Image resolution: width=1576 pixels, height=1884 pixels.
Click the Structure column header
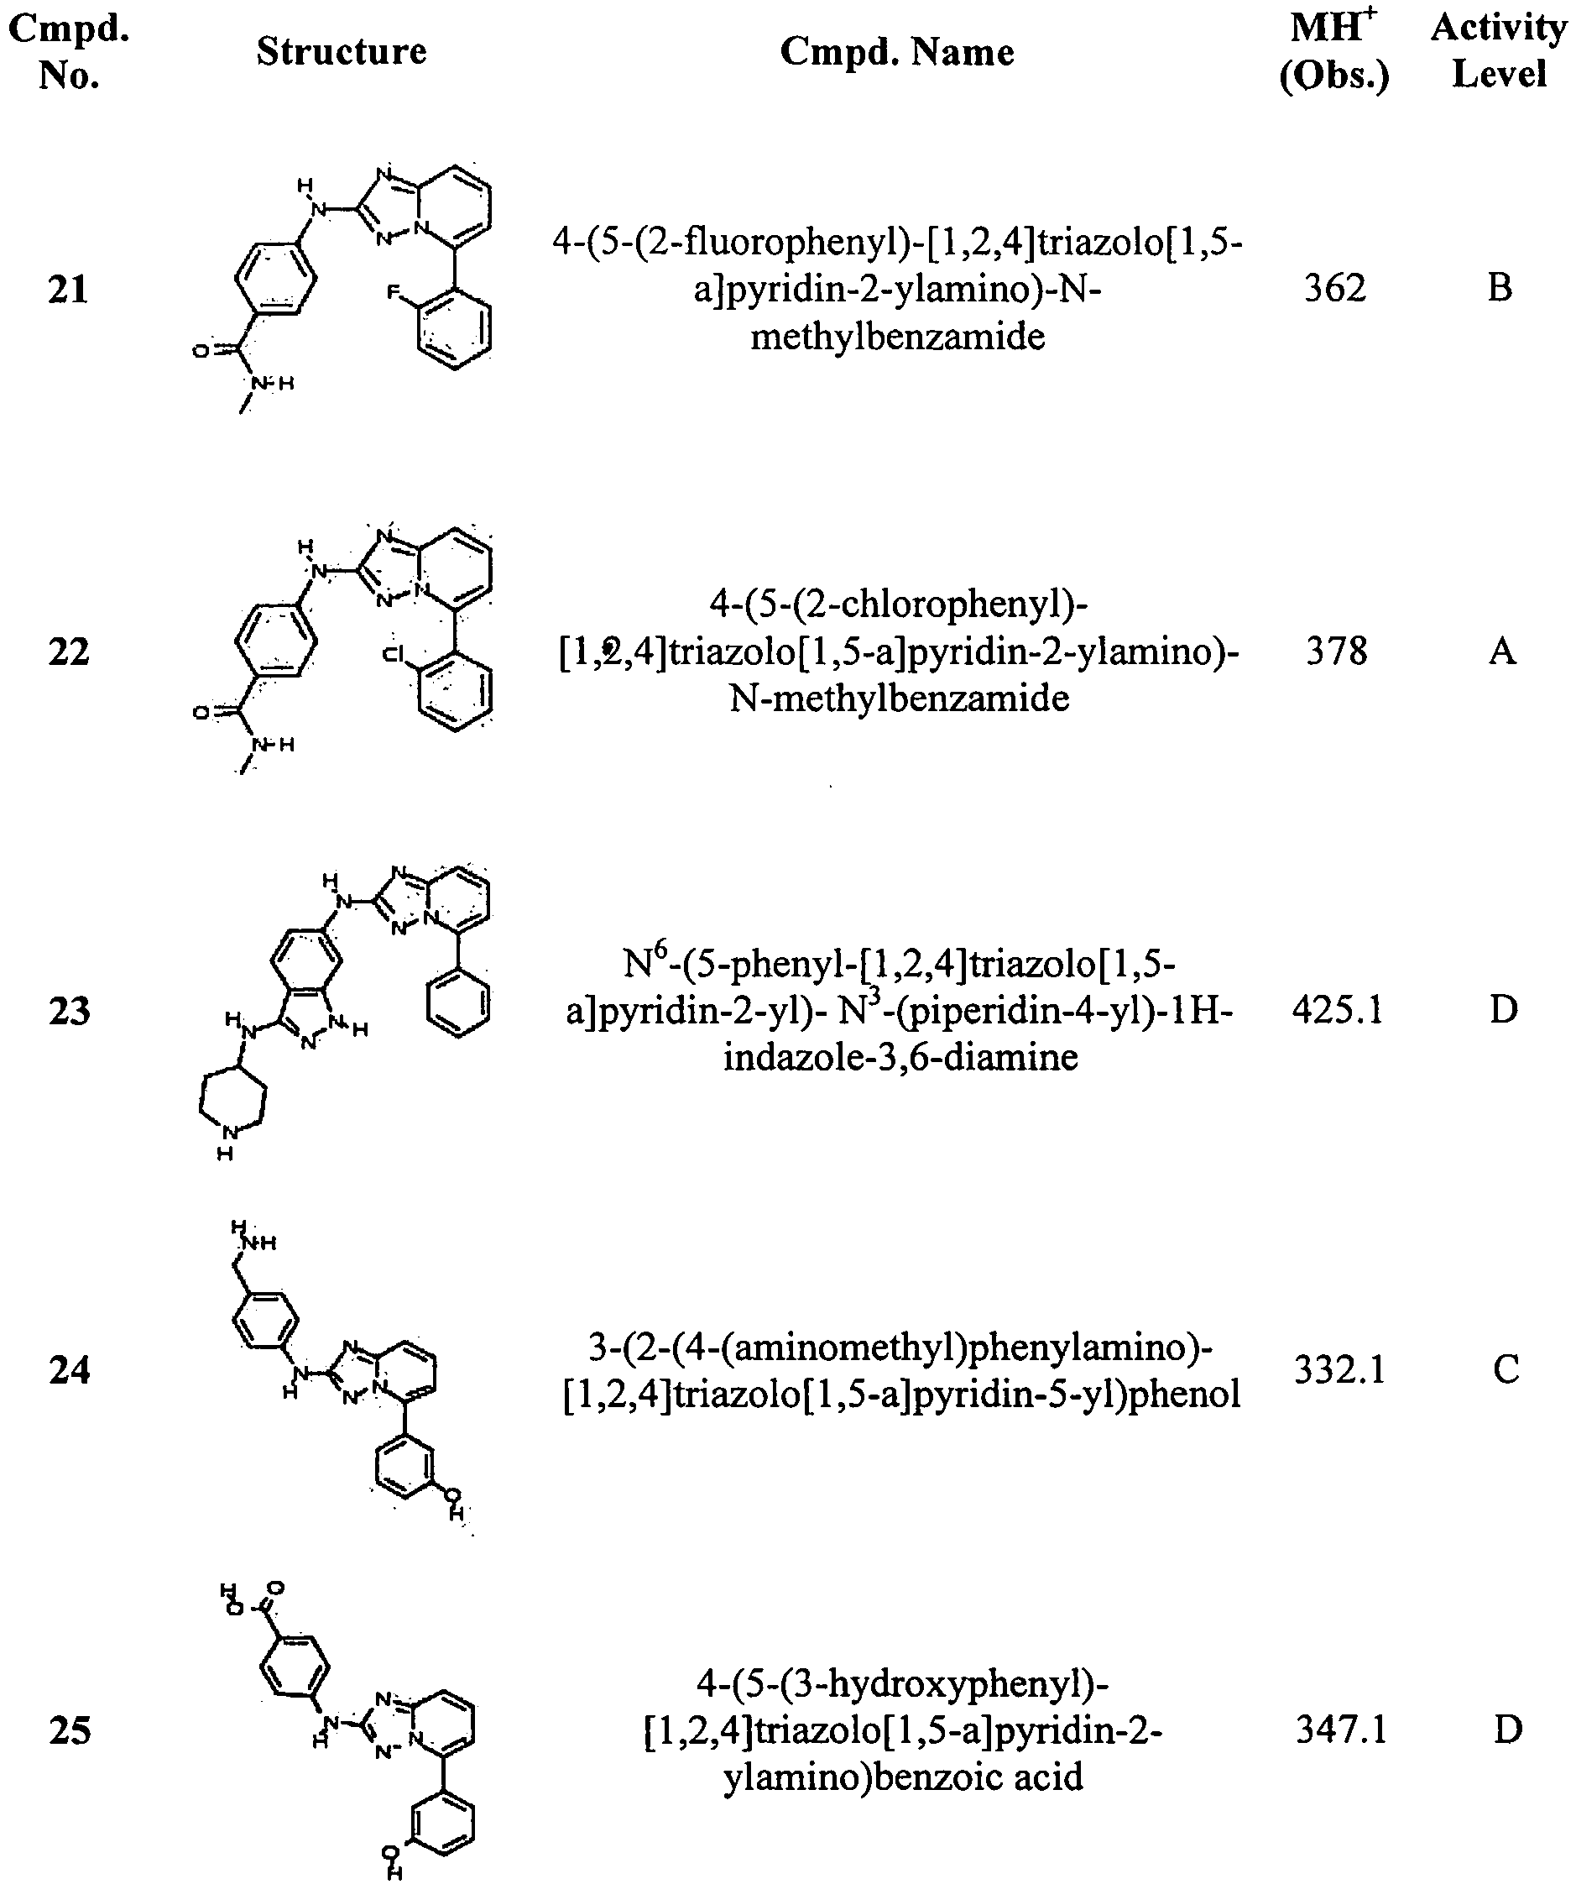pyautogui.click(x=341, y=51)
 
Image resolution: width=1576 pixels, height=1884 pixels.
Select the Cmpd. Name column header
pyautogui.click(x=897, y=52)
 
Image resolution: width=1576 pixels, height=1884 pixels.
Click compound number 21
pyautogui.click(x=68, y=289)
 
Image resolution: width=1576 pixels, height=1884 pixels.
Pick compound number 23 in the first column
pyautogui.click(x=69, y=1011)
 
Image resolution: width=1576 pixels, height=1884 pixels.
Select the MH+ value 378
pyautogui.click(x=1337, y=651)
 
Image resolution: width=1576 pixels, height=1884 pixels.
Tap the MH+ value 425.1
pyautogui.click(x=1339, y=1010)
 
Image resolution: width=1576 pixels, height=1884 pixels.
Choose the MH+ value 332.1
pyautogui.click(x=1340, y=1370)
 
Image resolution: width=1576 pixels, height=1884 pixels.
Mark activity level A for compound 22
pyautogui.click(x=1502, y=651)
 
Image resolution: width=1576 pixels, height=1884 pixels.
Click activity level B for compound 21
pyautogui.click(x=1500, y=288)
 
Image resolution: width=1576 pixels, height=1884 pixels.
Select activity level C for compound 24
pyautogui.click(x=1506, y=1370)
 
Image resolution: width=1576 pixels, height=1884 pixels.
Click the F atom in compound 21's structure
pyautogui.click(x=393, y=292)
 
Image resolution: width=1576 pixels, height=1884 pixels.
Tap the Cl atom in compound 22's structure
pyautogui.click(x=394, y=654)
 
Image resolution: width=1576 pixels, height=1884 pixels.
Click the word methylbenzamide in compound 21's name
pyautogui.click(x=898, y=338)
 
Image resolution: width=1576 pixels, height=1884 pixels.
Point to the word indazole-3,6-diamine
pyautogui.click(x=900, y=1057)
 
